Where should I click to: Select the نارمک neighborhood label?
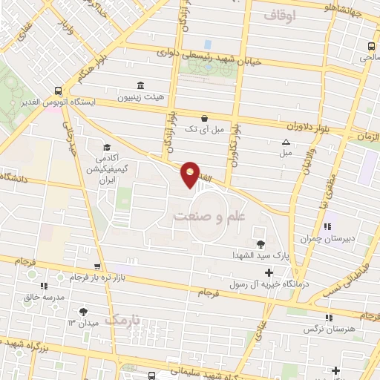pos(122,320)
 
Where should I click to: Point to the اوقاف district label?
pos(279,14)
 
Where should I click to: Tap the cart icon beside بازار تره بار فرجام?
pos(96,266)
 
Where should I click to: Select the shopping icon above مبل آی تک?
pos(204,117)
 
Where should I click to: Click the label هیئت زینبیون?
pos(140,97)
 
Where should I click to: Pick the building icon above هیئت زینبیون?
pos(140,85)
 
